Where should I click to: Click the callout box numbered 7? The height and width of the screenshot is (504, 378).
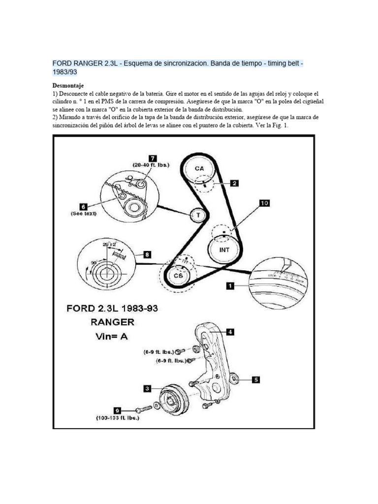pyautogui.click(x=153, y=158)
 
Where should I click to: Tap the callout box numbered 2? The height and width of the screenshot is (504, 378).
pyautogui.click(x=235, y=184)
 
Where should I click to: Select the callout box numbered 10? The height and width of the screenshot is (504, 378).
pyautogui.click(x=264, y=203)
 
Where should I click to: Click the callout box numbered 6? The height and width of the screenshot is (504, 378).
pyautogui.click(x=83, y=207)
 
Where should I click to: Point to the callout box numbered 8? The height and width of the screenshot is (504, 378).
pyautogui.click(x=147, y=254)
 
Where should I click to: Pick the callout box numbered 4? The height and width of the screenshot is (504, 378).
pyautogui.click(x=230, y=332)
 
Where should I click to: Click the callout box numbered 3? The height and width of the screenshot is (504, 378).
pyautogui.click(x=147, y=388)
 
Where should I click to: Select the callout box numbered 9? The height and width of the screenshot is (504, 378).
pyautogui.click(x=117, y=409)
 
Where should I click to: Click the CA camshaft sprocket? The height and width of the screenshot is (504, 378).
pyautogui.click(x=199, y=169)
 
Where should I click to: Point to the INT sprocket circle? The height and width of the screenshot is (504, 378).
pyautogui.click(x=224, y=249)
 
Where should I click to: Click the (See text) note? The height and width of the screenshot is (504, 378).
pyautogui.click(x=83, y=214)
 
